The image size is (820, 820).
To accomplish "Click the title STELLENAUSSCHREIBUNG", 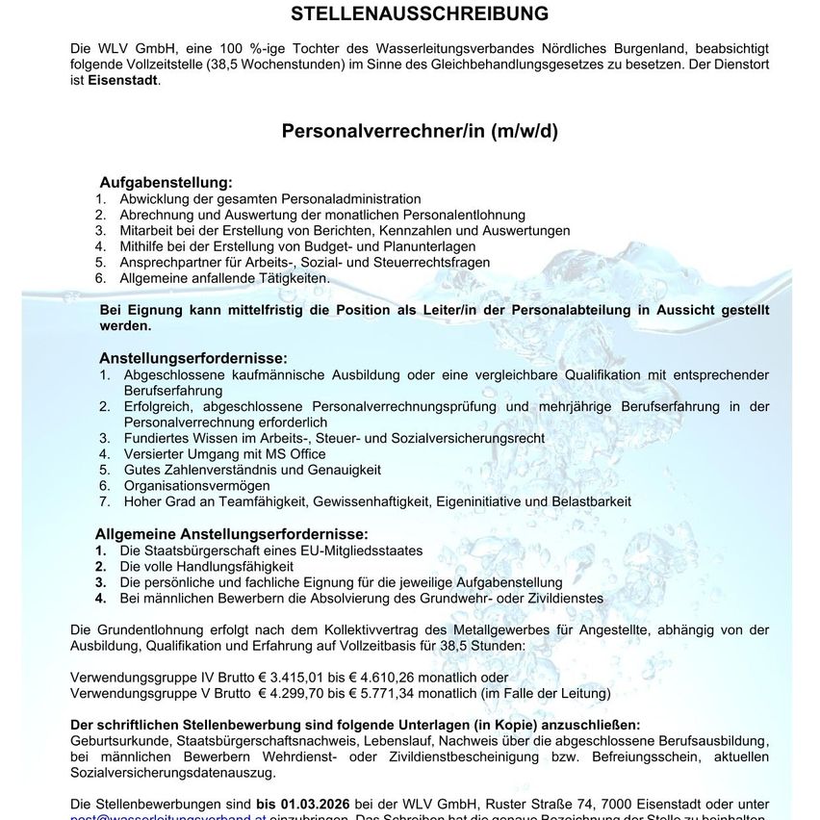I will [x=420, y=13].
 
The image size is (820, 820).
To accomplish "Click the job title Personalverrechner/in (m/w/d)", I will [x=420, y=132].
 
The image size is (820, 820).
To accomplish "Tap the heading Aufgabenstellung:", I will [x=166, y=182].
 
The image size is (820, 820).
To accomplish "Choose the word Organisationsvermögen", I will [x=199, y=485].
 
